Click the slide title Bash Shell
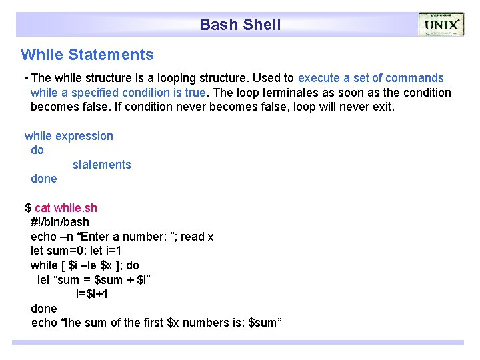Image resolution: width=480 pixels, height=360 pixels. tap(240, 25)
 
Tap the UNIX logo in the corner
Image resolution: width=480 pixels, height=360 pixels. tap(441, 25)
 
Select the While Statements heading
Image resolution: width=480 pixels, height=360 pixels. tap(87, 55)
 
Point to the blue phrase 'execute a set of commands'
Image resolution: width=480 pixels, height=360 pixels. tap(371, 79)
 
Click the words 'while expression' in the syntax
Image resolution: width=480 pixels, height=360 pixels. tap(69, 136)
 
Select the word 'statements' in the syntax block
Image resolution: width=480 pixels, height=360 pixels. tap(101, 165)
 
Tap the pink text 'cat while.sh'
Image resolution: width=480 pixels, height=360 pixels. tap(65, 208)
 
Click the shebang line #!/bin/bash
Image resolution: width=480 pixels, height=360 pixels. tap(60, 222)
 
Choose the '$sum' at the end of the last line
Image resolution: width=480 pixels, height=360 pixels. tap(264, 323)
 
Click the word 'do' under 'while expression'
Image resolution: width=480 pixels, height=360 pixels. tap(37, 151)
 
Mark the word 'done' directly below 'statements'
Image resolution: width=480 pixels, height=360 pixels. tap(44, 179)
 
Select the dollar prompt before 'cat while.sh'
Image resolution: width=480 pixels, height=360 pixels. tap(28, 208)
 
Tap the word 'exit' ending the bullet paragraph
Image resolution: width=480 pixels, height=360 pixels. tap(381, 107)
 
